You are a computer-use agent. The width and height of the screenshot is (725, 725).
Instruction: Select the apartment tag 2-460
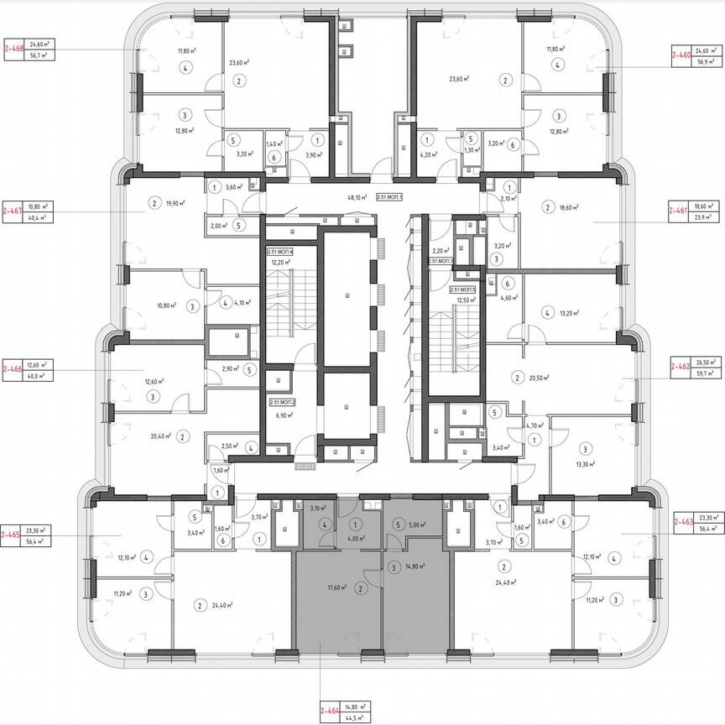pyautogui.click(x=681, y=55)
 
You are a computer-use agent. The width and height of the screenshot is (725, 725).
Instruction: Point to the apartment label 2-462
pyautogui.click(x=681, y=367)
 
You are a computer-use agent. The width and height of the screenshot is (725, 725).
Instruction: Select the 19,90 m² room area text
pyautogui.click(x=175, y=202)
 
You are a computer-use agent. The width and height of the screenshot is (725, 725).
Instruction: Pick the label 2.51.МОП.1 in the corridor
pyautogui.click(x=391, y=197)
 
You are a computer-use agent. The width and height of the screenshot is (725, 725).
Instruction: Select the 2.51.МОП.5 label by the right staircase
pyautogui.click(x=462, y=289)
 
